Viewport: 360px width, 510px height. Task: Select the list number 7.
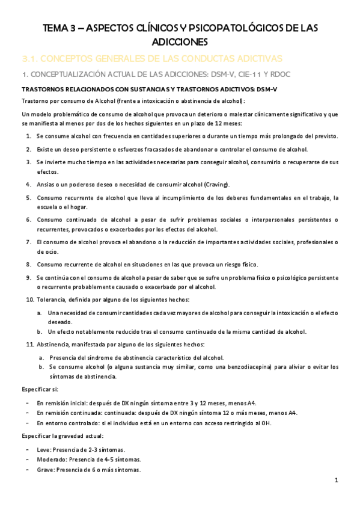29,242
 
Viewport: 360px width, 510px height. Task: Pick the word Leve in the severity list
43,449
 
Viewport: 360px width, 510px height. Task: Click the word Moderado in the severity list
50,459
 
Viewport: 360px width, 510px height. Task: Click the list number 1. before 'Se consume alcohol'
29,136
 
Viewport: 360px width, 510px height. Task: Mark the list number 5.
29,197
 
